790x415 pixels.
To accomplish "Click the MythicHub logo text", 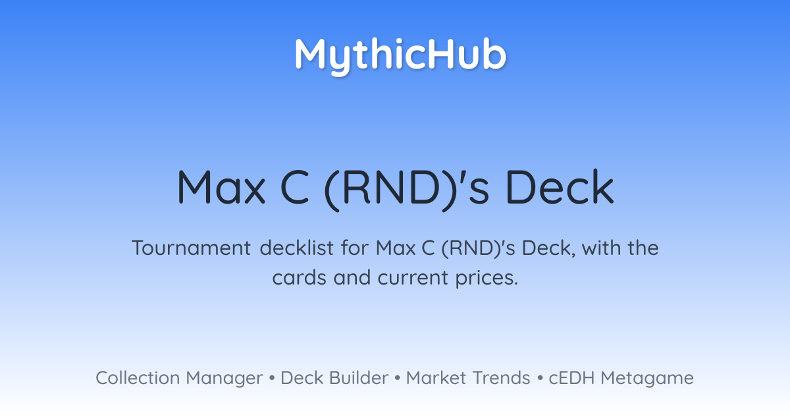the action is (x=400, y=56).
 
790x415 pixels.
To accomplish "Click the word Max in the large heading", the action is (x=221, y=187).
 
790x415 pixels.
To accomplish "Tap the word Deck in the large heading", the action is (x=560, y=187).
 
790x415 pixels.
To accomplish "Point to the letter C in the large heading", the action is (x=294, y=187).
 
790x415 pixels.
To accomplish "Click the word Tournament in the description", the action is (x=191, y=248).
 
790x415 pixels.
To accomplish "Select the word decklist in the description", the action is (x=297, y=248).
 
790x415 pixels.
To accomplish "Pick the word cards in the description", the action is (x=300, y=278).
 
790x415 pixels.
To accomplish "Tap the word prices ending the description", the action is (x=487, y=279).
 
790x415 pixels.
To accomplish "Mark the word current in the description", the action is (x=413, y=278).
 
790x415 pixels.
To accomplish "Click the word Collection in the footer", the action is (x=138, y=378).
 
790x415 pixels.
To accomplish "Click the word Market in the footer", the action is (x=436, y=378).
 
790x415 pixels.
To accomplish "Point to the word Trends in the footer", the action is (x=501, y=378).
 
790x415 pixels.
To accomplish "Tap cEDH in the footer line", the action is (x=571, y=378).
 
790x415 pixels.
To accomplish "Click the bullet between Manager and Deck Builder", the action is (x=271, y=378).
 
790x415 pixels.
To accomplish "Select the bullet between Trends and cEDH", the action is (x=540, y=378).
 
